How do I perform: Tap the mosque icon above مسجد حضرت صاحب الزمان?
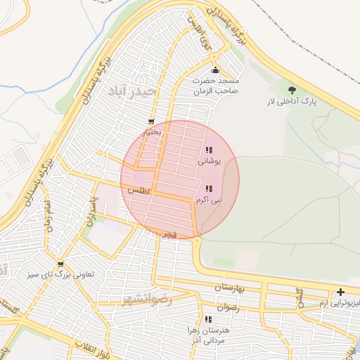(x=215, y=70)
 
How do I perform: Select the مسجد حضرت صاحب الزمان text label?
(x=217, y=86)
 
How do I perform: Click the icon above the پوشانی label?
(x=208, y=150)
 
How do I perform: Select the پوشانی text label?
(x=210, y=161)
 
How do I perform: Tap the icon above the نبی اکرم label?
(x=208, y=188)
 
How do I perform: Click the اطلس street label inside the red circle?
(x=140, y=191)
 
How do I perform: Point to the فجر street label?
(x=168, y=232)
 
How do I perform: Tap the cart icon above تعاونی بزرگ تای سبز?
(x=60, y=264)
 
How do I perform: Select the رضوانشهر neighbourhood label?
(x=146, y=300)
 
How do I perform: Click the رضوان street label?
(x=229, y=308)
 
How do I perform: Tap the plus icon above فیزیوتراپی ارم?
(x=341, y=292)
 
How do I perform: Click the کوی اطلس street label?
(x=199, y=32)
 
